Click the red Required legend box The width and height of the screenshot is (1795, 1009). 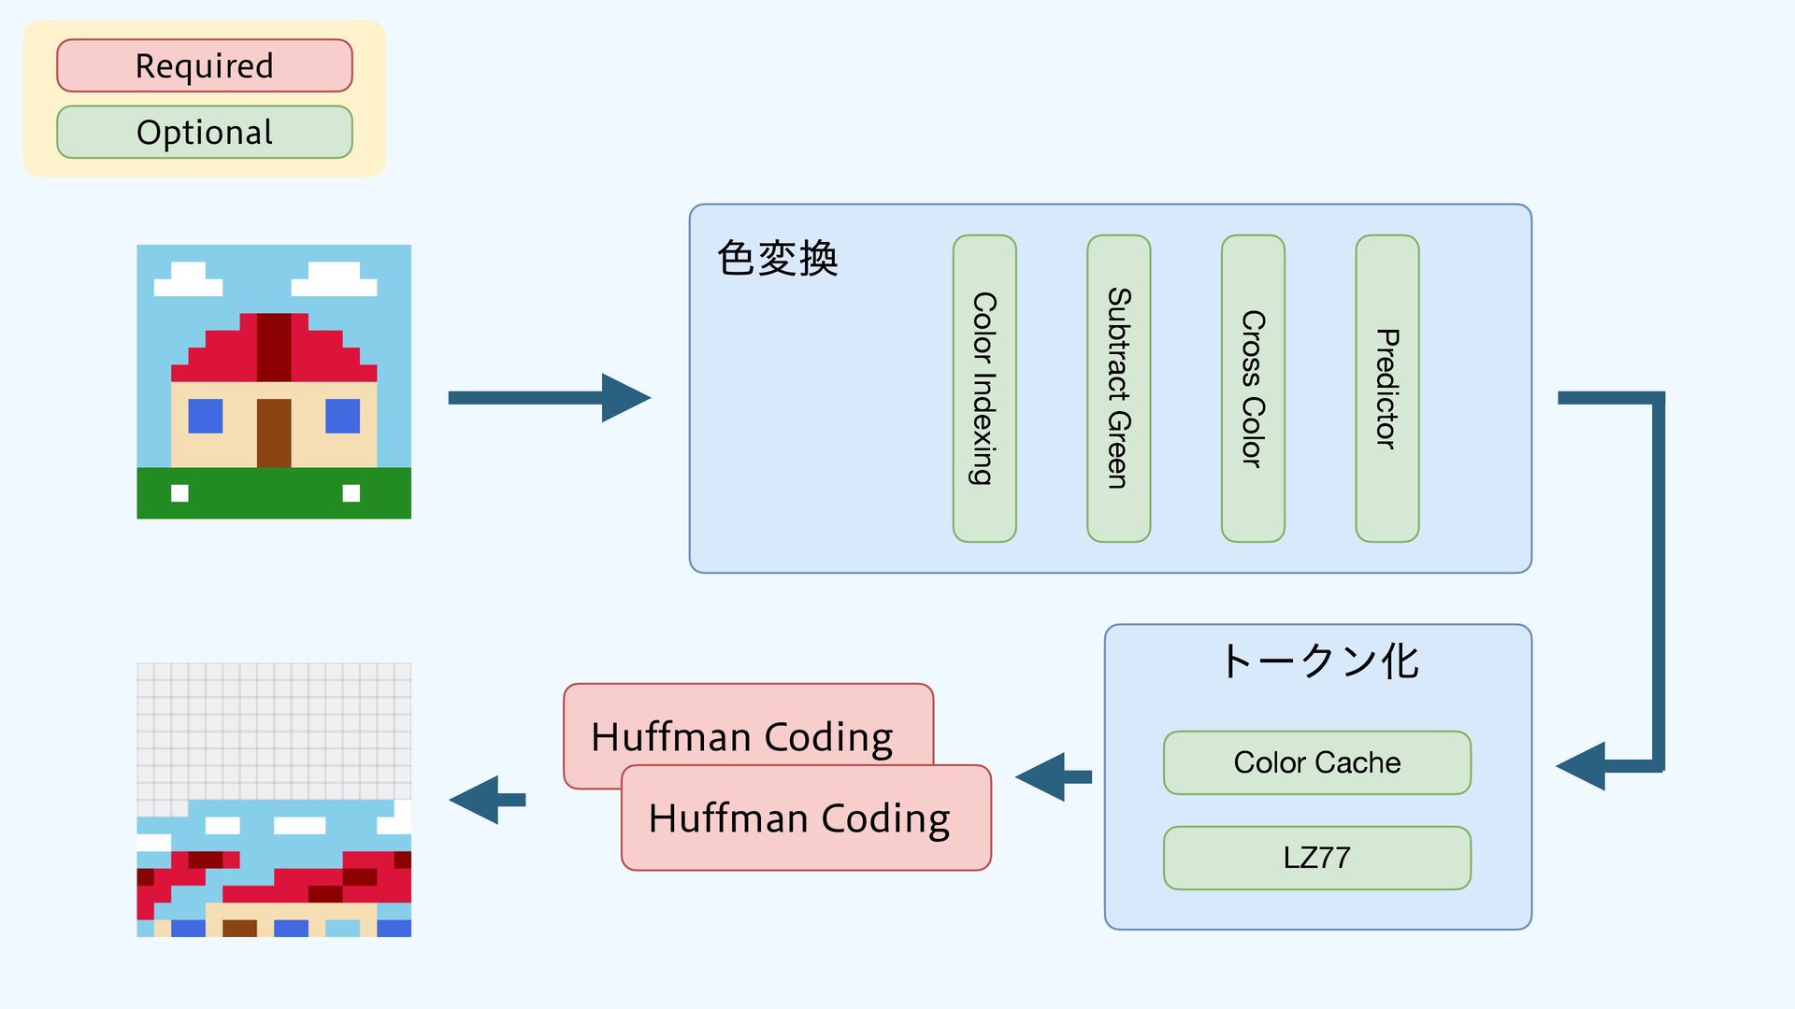click(205, 65)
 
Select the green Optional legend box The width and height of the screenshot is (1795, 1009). click(205, 132)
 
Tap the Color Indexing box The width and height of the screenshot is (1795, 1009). click(984, 389)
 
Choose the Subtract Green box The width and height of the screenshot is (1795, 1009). click(1119, 389)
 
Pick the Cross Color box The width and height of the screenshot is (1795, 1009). click(1253, 389)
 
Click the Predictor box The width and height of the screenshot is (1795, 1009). click(1387, 389)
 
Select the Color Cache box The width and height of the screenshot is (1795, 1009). click(1317, 762)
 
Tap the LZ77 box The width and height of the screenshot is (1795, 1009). click(1317, 858)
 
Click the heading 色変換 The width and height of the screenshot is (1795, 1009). click(777, 258)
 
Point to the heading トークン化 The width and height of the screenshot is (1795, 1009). click(1320, 661)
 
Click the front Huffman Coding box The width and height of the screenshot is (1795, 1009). click(806, 817)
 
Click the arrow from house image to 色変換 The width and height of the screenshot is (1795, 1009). click(550, 398)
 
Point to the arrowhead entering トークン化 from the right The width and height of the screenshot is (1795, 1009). click(1581, 766)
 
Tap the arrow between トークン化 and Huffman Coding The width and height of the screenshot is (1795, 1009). click(1054, 776)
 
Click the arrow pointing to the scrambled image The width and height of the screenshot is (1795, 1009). click(487, 800)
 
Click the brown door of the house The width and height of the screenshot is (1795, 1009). click(274, 433)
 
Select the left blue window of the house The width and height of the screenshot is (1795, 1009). click(206, 416)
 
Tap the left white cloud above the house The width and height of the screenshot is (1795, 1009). click(188, 279)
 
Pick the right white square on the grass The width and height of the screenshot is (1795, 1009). click(352, 493)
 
